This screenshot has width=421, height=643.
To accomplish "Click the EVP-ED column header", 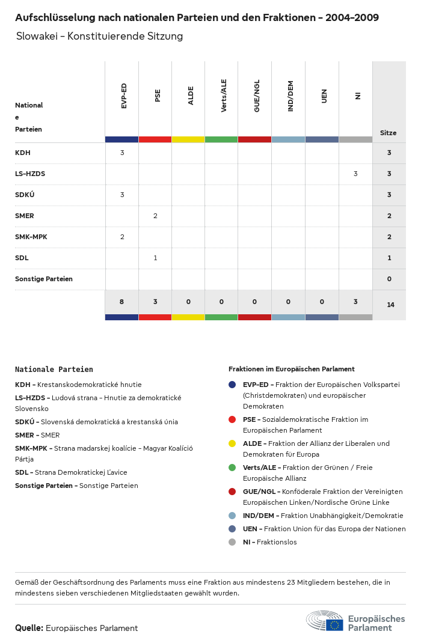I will (124, 96).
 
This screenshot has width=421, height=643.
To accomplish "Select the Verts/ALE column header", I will (224, 96).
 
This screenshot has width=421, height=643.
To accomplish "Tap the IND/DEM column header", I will (290, 96).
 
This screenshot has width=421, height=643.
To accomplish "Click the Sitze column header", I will (389, 133).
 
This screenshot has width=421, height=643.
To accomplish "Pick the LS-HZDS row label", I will (30, 174).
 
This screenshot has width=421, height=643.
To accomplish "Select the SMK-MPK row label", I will (31, 237).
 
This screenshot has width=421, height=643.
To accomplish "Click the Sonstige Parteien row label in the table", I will (44, 279).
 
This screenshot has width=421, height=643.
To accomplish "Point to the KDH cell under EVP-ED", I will (122, 153).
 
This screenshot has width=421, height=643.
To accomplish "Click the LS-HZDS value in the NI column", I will (355, 174).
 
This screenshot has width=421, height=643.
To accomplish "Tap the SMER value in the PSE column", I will (155, 216).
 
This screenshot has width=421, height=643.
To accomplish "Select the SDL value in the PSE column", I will (155, 258).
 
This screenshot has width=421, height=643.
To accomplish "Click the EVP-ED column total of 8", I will (121, 302).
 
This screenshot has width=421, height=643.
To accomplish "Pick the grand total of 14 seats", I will (390, 305).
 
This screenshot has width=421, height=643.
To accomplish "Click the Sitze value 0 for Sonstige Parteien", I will (389, 279).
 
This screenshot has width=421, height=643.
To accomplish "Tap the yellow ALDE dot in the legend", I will (232, 443).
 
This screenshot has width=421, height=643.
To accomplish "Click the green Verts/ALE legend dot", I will (232, 468).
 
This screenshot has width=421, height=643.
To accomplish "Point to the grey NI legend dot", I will (232, 542).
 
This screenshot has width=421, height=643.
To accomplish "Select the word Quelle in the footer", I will (29, 628).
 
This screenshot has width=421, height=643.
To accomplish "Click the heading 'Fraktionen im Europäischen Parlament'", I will (291, 369).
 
